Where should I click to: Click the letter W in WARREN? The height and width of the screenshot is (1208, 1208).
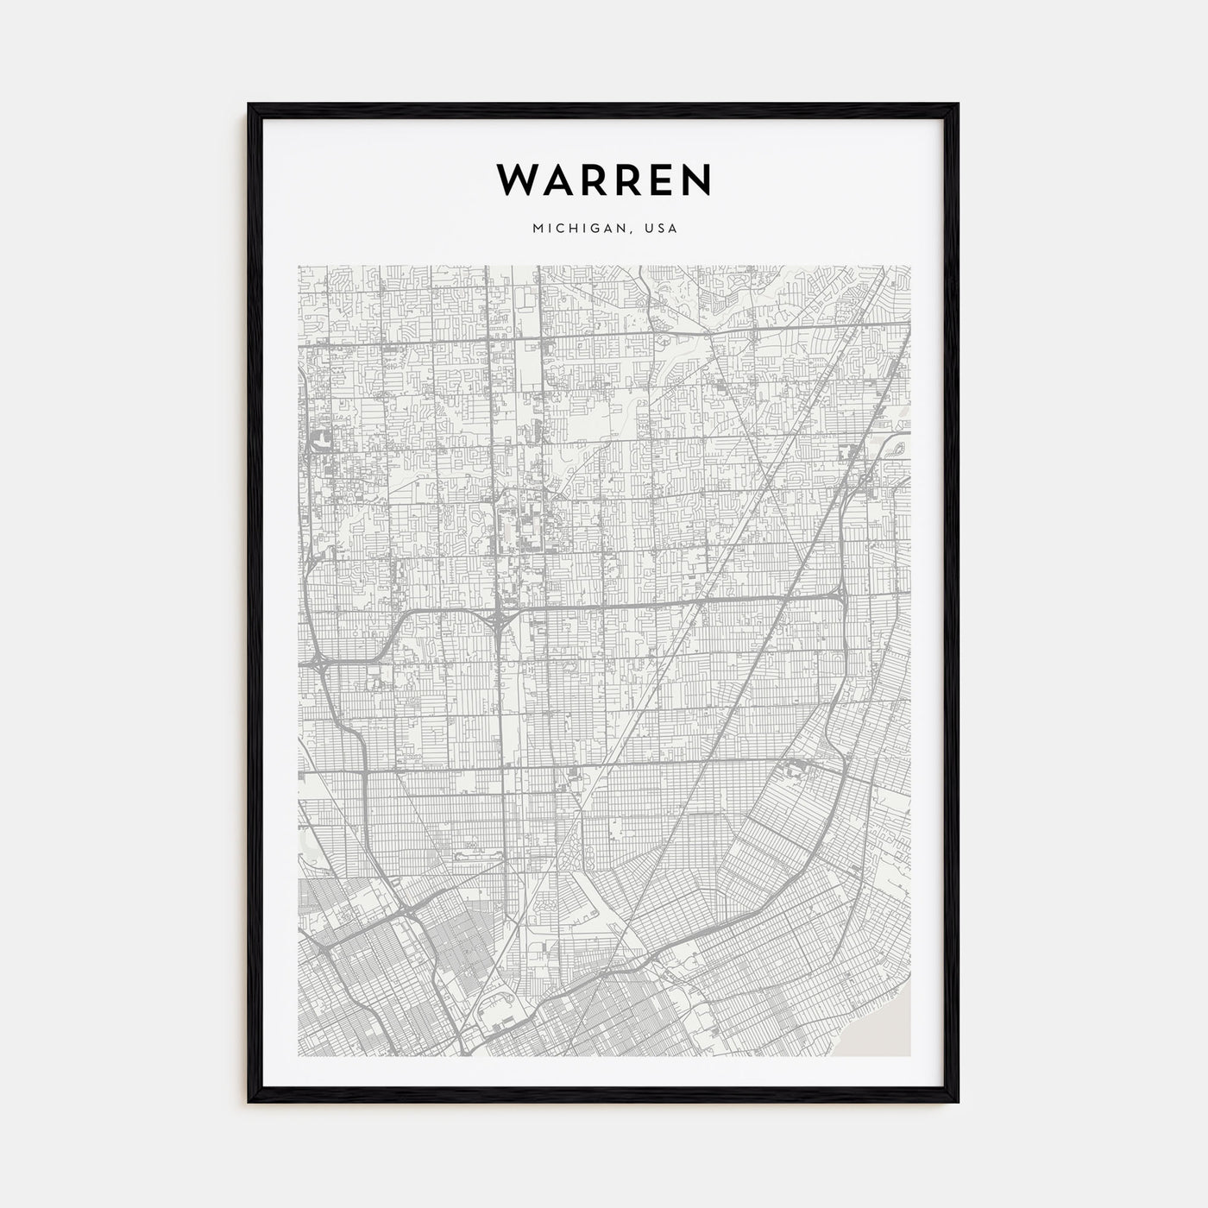515,179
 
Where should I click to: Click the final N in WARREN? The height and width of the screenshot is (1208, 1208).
696,179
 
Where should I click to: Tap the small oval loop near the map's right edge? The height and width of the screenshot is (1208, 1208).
898,447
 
